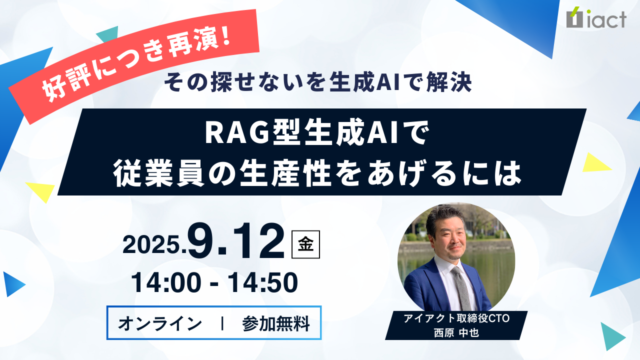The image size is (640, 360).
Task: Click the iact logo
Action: (x=596, y=17)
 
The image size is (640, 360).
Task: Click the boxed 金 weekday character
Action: (x=305, y=244)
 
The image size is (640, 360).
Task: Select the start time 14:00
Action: (x=165, y=283)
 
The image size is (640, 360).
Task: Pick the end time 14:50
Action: (x=263, y=283)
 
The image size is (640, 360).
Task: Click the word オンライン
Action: (x=160, y=323)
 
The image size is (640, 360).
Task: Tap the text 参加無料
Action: (x=276, y=323)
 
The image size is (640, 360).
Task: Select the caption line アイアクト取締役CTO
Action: (x=456, y=318)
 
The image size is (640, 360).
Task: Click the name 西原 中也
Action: (x=456, y=333)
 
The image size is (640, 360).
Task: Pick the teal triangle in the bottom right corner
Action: (x=612, y=336)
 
